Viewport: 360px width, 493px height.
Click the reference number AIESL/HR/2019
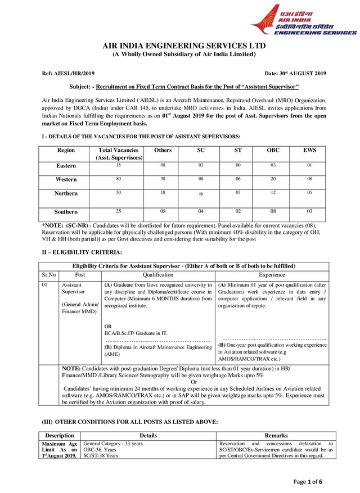pos(69,74)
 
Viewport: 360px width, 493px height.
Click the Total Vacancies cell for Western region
pos(118,179)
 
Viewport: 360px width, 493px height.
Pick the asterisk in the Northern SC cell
pos(200,195)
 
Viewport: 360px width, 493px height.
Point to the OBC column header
pos(273,151)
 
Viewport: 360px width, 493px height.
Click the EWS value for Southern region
pos(309,211)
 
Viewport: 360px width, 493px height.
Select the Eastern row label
pos(66,166)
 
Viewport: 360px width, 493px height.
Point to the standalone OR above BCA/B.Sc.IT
pos(109,326)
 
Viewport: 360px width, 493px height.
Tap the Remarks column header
pos(276,436)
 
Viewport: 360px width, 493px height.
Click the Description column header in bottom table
pos(59,436)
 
